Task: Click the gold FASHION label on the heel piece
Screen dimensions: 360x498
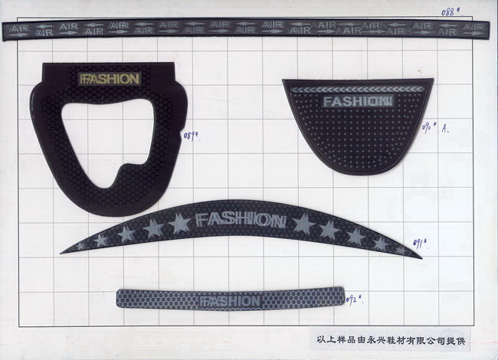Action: pos(110,78)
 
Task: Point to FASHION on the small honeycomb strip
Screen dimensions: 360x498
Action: pos(230,301)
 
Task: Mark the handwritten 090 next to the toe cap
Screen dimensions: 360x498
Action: pos(434,127)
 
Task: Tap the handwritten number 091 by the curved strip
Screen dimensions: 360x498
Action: pos(420,244)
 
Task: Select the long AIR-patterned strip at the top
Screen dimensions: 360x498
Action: pos(245,30)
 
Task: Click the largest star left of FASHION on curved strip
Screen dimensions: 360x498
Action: pos(179,223)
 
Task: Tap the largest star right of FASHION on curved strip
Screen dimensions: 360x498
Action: pos(303,224)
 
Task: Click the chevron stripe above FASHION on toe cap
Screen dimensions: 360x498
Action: pos(357,89)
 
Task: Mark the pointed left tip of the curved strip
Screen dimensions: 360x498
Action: pos(64,250)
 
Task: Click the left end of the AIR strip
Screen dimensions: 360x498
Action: pos(8,30)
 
